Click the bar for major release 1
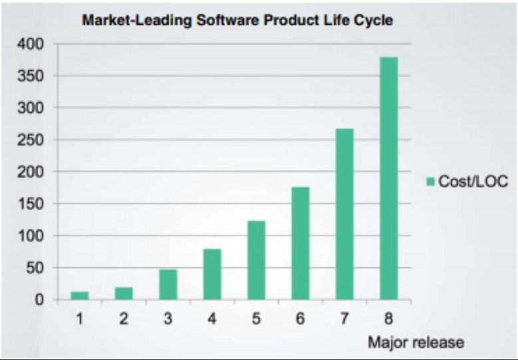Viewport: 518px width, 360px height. click(x=79, y=295)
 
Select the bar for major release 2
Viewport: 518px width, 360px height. click(x=123, y=293)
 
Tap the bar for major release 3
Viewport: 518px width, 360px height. click(x=168, y=284)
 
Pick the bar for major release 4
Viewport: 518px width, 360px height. click(x=211, y=274)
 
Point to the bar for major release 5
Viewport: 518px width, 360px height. click(x=256, y=260)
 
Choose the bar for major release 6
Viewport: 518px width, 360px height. click(x=300, y=243)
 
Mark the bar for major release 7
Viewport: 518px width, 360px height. click(x=344, y=214)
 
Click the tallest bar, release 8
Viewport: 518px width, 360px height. click(x=388, y=178)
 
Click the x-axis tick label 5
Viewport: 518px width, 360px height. click(x=256, y=319)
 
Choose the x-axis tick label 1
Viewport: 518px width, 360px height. click(x=79, y=319)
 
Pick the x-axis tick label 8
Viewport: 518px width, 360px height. click(x=388, y=319)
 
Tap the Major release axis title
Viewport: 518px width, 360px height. click(x=416, y=343)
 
